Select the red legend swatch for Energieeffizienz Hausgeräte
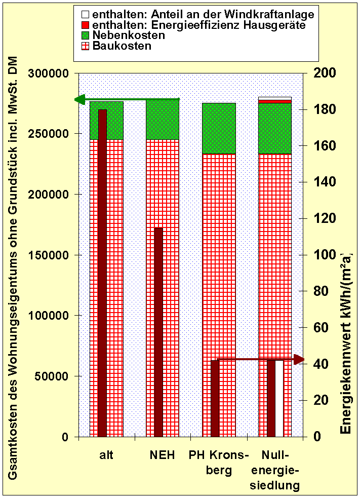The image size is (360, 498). coord(85,25)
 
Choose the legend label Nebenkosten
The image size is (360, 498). coord(129,35)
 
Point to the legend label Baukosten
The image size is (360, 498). coord(122,46)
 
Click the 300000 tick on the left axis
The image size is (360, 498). coord(50,73)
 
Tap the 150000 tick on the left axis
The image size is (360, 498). coord(50,255)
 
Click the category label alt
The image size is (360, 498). coord(106,455)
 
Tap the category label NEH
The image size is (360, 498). coord(162,455)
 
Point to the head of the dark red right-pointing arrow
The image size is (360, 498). coord(299,359)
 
